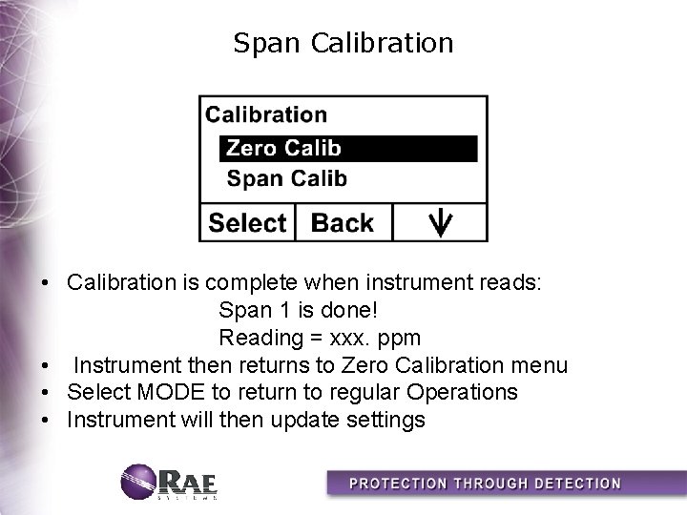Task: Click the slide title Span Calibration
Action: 343,44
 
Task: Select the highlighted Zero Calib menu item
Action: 283,149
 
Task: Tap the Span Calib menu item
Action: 286,178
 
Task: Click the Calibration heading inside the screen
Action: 266,115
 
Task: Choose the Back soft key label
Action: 342,223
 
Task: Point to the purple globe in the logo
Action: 139,478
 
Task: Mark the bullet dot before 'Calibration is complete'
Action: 45,284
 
